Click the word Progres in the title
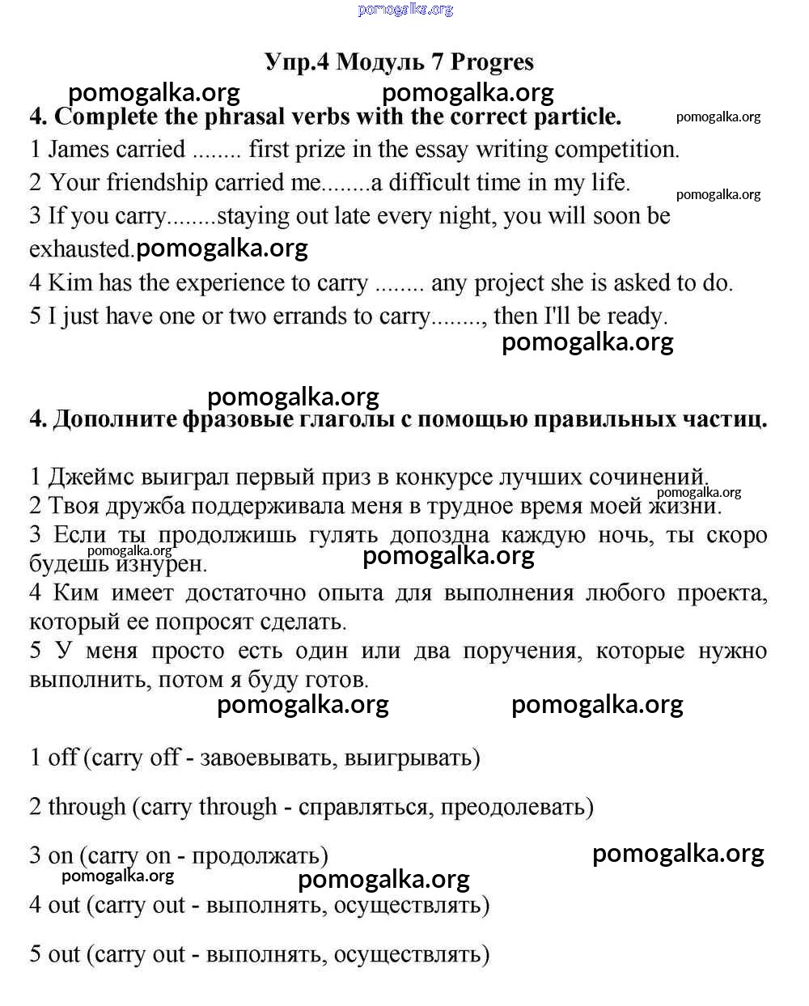[x=492, y=62]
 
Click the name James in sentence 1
[x=77, y=149]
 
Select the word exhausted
[x=81, y=249]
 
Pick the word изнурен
[x=161, y=564]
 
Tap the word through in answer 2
[x=87, y=807]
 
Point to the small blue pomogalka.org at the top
[x=405, y=9]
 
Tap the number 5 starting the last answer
[x=36, y=954]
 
